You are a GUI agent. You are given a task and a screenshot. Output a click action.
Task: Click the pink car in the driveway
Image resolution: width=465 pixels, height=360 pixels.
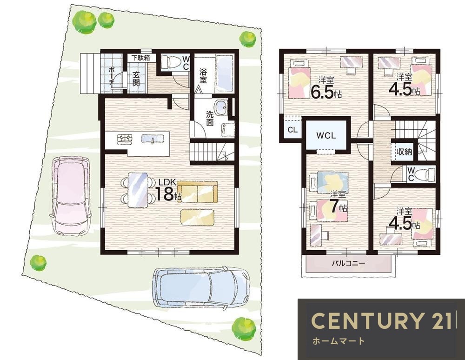pos(71,196)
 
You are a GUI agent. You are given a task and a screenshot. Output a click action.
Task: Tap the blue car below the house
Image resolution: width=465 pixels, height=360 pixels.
pos(201,287)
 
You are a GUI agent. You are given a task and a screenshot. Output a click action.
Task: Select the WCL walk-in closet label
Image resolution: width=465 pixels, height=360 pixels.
pos(326,135)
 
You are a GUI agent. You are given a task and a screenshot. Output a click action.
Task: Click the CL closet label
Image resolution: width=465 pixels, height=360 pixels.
pos(292,130)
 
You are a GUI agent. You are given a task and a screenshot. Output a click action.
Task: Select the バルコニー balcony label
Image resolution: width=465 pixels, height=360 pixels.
pos(348,263)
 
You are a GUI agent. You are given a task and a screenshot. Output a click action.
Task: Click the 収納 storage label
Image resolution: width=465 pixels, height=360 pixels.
pos(404,152)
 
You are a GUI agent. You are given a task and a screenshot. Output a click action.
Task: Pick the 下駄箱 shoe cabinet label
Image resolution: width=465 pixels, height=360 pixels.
pos(140,58)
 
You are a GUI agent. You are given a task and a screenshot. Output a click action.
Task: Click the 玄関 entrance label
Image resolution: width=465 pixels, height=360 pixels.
pos(136,79)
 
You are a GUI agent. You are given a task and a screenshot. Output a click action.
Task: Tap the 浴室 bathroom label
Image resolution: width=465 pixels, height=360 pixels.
pos(203,76)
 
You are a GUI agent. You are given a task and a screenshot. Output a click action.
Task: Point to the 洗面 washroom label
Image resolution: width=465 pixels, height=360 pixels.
pos(210,118)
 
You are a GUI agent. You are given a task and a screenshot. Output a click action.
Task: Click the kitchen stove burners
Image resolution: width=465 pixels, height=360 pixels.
pos(125,139)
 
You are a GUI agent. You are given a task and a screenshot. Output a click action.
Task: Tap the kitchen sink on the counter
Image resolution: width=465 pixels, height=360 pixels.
pos(153,139)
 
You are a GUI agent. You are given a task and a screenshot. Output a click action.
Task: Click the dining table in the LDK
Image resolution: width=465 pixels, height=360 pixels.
pos(138,190)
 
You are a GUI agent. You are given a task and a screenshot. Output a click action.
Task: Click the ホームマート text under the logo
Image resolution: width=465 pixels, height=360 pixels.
pos(338,341)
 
